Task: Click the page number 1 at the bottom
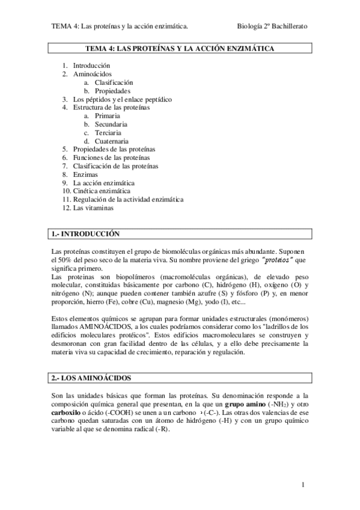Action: click(x=304, y=485)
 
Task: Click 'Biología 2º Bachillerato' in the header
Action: click(x=272, y=26)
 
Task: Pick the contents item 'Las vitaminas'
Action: click(x=93, y=208)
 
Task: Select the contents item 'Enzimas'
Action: click(x=85, y=174)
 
